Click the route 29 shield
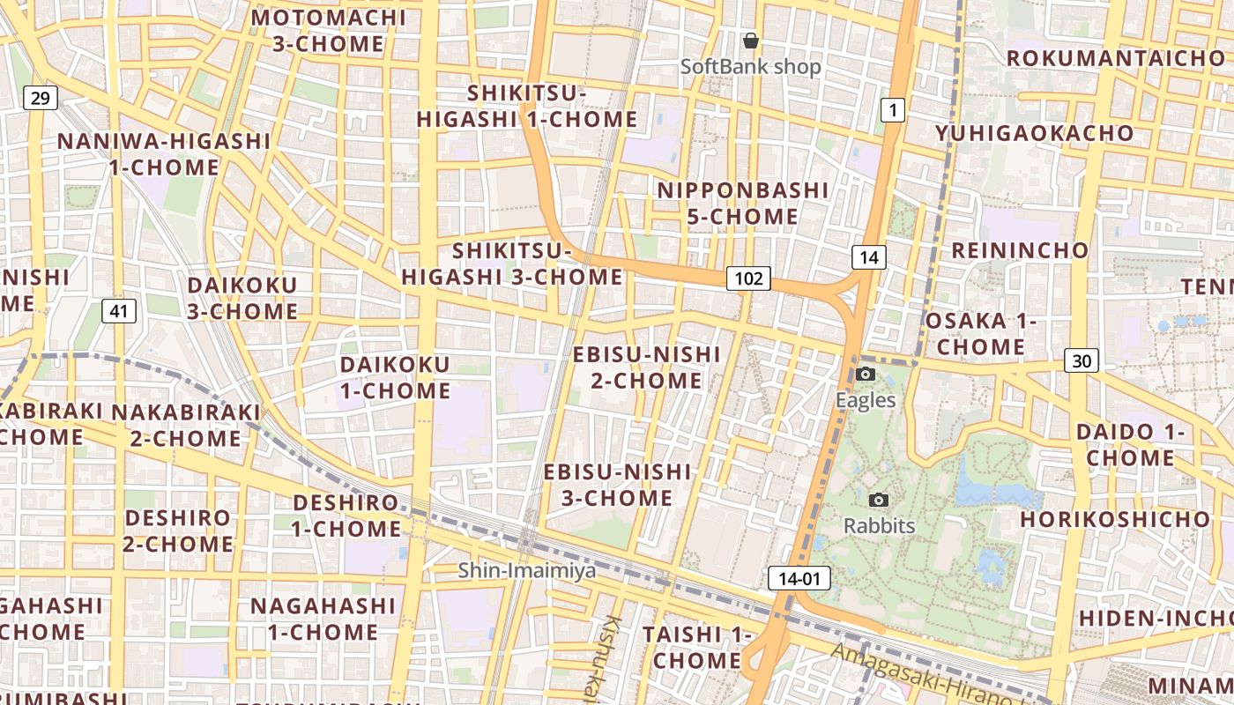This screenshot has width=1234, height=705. click(x=40, y=98)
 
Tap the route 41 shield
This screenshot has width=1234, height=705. click(x=119, y=310)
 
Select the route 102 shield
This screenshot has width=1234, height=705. click(x=748, y=279)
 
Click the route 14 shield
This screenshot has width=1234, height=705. click(x=868, y=257)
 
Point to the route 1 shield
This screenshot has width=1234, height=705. click(x=893, y=110)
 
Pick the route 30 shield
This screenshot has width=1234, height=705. click(x=1081, y=360)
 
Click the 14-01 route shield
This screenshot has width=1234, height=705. click(x=799, y=578)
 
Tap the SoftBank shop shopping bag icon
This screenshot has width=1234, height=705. click(x=751, y=41)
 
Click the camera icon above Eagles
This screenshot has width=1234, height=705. click(x=866, y=375)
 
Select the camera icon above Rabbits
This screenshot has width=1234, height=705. click(x=879, y=501)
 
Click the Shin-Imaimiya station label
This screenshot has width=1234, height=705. click(x=526, y=571)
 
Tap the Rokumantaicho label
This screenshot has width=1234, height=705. click(x=1116, y=58)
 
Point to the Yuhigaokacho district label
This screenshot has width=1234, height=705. click(x=1035, y=133)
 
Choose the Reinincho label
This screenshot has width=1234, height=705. click(x=1020, y=250)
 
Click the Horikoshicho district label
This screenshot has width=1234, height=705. click(x=1115, y=519)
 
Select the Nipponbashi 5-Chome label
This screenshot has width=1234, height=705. click(x=742, y=204)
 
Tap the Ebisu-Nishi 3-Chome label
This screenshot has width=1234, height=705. click(x=617, y=485)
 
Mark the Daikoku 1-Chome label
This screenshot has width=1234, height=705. click(x=395, y=377)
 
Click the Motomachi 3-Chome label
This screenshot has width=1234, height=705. click(x=329, y=31)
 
